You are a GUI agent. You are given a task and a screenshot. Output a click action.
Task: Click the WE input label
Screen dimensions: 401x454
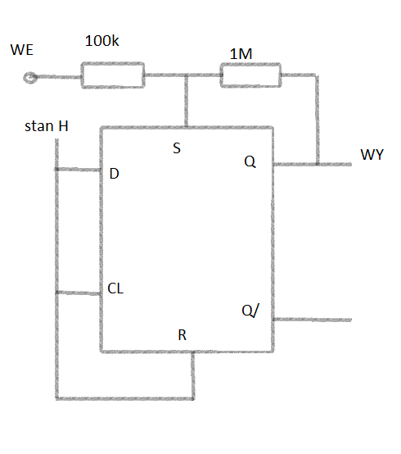(x=21, y=50)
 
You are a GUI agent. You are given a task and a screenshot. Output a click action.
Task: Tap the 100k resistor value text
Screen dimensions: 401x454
(x=101, y=41)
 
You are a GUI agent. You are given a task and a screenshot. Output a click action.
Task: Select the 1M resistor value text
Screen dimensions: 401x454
(x=241, y=54)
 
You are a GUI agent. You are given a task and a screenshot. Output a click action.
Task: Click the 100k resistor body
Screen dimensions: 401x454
(x=113, y=75)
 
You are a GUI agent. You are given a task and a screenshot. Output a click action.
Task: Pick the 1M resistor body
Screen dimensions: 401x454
(x=250, y=75)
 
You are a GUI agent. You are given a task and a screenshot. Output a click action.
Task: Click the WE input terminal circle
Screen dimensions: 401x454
(x=30, y=78)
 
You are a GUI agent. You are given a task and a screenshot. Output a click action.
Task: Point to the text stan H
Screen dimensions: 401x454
(x=47, y=126)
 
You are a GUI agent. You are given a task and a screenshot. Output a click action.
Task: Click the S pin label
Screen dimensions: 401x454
(x=177, y=148)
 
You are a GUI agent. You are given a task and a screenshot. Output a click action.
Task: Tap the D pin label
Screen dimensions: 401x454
(x=115, y=174)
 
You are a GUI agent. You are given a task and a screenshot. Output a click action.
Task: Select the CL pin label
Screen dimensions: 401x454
(x=115, y=288)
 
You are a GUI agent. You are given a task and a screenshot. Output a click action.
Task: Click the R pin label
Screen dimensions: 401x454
(x=182, y=335)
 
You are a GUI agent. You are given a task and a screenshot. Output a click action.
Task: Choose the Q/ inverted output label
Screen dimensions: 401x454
(x=250, y=311)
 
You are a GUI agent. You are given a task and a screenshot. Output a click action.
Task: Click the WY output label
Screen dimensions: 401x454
(x=372, y=154)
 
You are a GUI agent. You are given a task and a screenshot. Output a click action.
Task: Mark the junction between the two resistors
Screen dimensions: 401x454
(x=187, y=75)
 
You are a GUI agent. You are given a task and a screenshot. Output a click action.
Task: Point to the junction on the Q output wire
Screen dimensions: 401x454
(x=318, y=164)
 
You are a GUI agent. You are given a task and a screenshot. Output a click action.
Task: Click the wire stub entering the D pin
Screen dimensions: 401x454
(x=78, y=170)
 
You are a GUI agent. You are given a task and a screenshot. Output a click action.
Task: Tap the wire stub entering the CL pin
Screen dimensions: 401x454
(x=78, y=293)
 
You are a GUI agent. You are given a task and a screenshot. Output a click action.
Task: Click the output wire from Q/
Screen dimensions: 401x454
(x=313, y=320)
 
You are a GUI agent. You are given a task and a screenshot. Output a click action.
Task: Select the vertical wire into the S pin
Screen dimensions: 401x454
(x=187, y=101)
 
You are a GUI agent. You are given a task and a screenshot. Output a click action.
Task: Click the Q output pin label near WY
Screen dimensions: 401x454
(x=250, y=161)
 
